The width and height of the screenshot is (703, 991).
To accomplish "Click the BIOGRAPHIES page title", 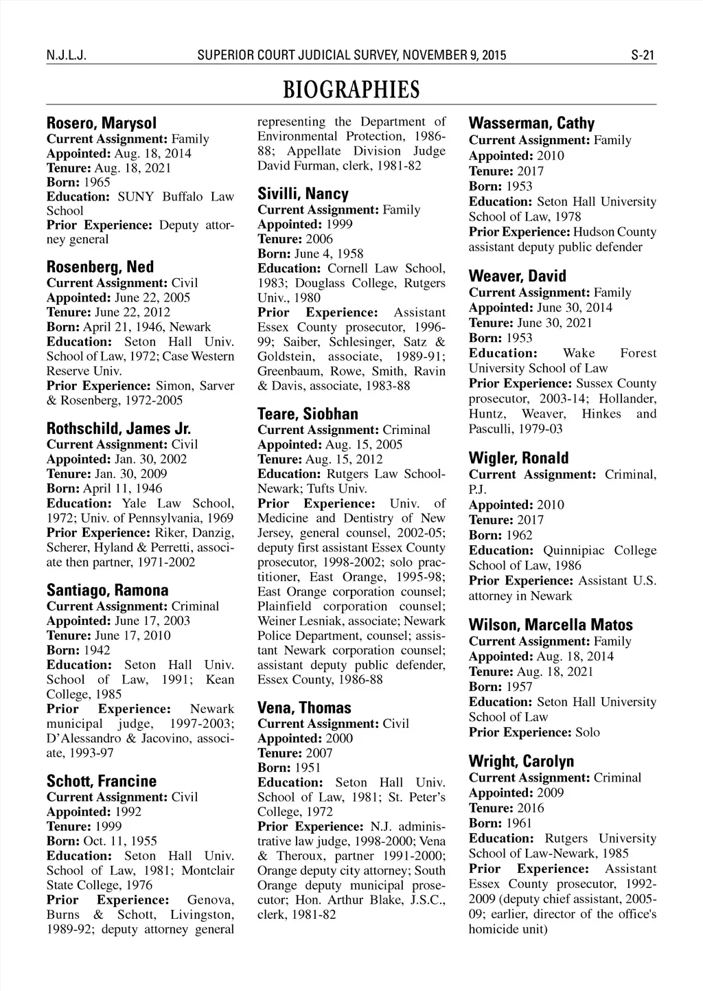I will point(351,89).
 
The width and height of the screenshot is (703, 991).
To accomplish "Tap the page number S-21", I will point(643,56).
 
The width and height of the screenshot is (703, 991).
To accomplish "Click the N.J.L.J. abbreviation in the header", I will point(66,56).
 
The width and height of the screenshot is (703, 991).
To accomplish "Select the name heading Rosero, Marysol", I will point(102,124).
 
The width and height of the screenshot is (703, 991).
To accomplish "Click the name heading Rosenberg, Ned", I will point(100,267).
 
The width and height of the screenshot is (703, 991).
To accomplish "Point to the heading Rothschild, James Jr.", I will point(119,429).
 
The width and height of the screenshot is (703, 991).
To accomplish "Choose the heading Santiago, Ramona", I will point(107,591).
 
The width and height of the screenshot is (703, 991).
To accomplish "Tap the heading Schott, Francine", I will point(102,782).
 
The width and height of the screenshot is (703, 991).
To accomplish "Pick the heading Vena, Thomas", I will point(304,708).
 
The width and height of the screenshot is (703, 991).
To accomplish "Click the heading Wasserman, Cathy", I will point(531,124).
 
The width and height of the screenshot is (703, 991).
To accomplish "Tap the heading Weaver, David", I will point(518,277).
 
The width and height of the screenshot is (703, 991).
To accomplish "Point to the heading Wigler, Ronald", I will point(518,458).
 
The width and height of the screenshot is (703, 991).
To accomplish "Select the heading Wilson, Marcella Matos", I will point(551,625).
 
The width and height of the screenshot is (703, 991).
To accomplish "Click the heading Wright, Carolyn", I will point(521,762).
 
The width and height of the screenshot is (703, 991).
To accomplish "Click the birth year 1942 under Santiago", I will point(97,650).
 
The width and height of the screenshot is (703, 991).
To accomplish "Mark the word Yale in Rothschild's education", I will point(132,503).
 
